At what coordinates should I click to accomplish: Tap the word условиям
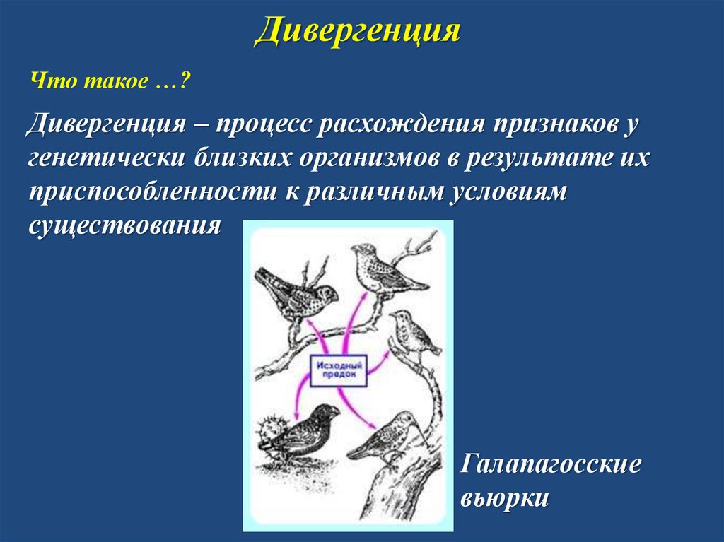coord(506,192)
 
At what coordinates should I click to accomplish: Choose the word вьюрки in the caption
coord(505,498)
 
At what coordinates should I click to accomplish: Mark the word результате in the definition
coord(538,158)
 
